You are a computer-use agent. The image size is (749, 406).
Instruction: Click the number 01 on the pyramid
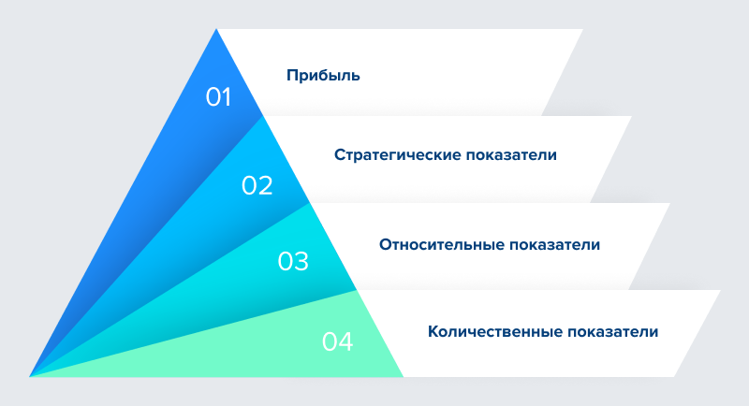[x=218, y=97]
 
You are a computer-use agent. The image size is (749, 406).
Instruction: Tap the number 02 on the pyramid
[x=257, y=185]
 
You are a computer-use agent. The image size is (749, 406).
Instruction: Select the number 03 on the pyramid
[x=293, y=261]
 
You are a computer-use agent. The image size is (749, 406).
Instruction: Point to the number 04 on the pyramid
[x=337, y=341]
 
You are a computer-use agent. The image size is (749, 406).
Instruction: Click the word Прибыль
[x=323, y=76]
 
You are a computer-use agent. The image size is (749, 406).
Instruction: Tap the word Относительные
[x=441, y=244]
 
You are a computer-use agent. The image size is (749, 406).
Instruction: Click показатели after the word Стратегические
[x=511, y=155]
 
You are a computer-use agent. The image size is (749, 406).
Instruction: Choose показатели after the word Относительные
[x=554, y=244]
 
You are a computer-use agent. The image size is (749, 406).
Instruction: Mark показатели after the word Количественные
[x=613, y=331]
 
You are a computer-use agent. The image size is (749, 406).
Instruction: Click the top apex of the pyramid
[x=216, y=29]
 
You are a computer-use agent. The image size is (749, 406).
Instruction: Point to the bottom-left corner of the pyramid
[x=30, y=376]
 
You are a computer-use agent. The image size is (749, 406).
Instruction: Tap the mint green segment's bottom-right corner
[x=404, y=376]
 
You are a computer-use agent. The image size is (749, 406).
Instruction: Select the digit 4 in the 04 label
[x=345, y=341]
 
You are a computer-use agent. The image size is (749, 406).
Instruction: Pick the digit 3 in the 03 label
[x=301, y=261]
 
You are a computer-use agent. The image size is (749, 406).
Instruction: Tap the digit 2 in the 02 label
[x=265, y=185]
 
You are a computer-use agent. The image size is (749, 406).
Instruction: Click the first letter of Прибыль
[x=291, y=75]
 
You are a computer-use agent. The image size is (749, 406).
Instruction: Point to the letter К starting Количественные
[x=433, y=331]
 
